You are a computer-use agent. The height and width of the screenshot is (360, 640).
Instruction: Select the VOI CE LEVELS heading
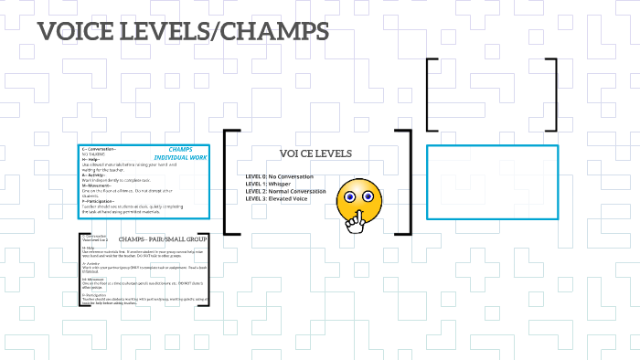point(315,154)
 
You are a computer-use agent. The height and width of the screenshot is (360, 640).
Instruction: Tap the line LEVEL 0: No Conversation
point(280,175)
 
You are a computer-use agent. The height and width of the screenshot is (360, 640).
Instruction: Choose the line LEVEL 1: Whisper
point(269,184)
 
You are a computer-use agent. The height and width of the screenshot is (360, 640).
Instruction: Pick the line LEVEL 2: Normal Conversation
point(285,191)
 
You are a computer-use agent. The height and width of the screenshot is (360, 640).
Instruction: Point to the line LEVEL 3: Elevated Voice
point(274,198)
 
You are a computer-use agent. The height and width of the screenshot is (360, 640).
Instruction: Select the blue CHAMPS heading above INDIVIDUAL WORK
point(187,149)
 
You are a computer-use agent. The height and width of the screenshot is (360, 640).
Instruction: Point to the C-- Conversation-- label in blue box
point(100,149)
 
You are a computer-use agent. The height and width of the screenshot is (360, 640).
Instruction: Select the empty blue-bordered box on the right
point(492,182)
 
